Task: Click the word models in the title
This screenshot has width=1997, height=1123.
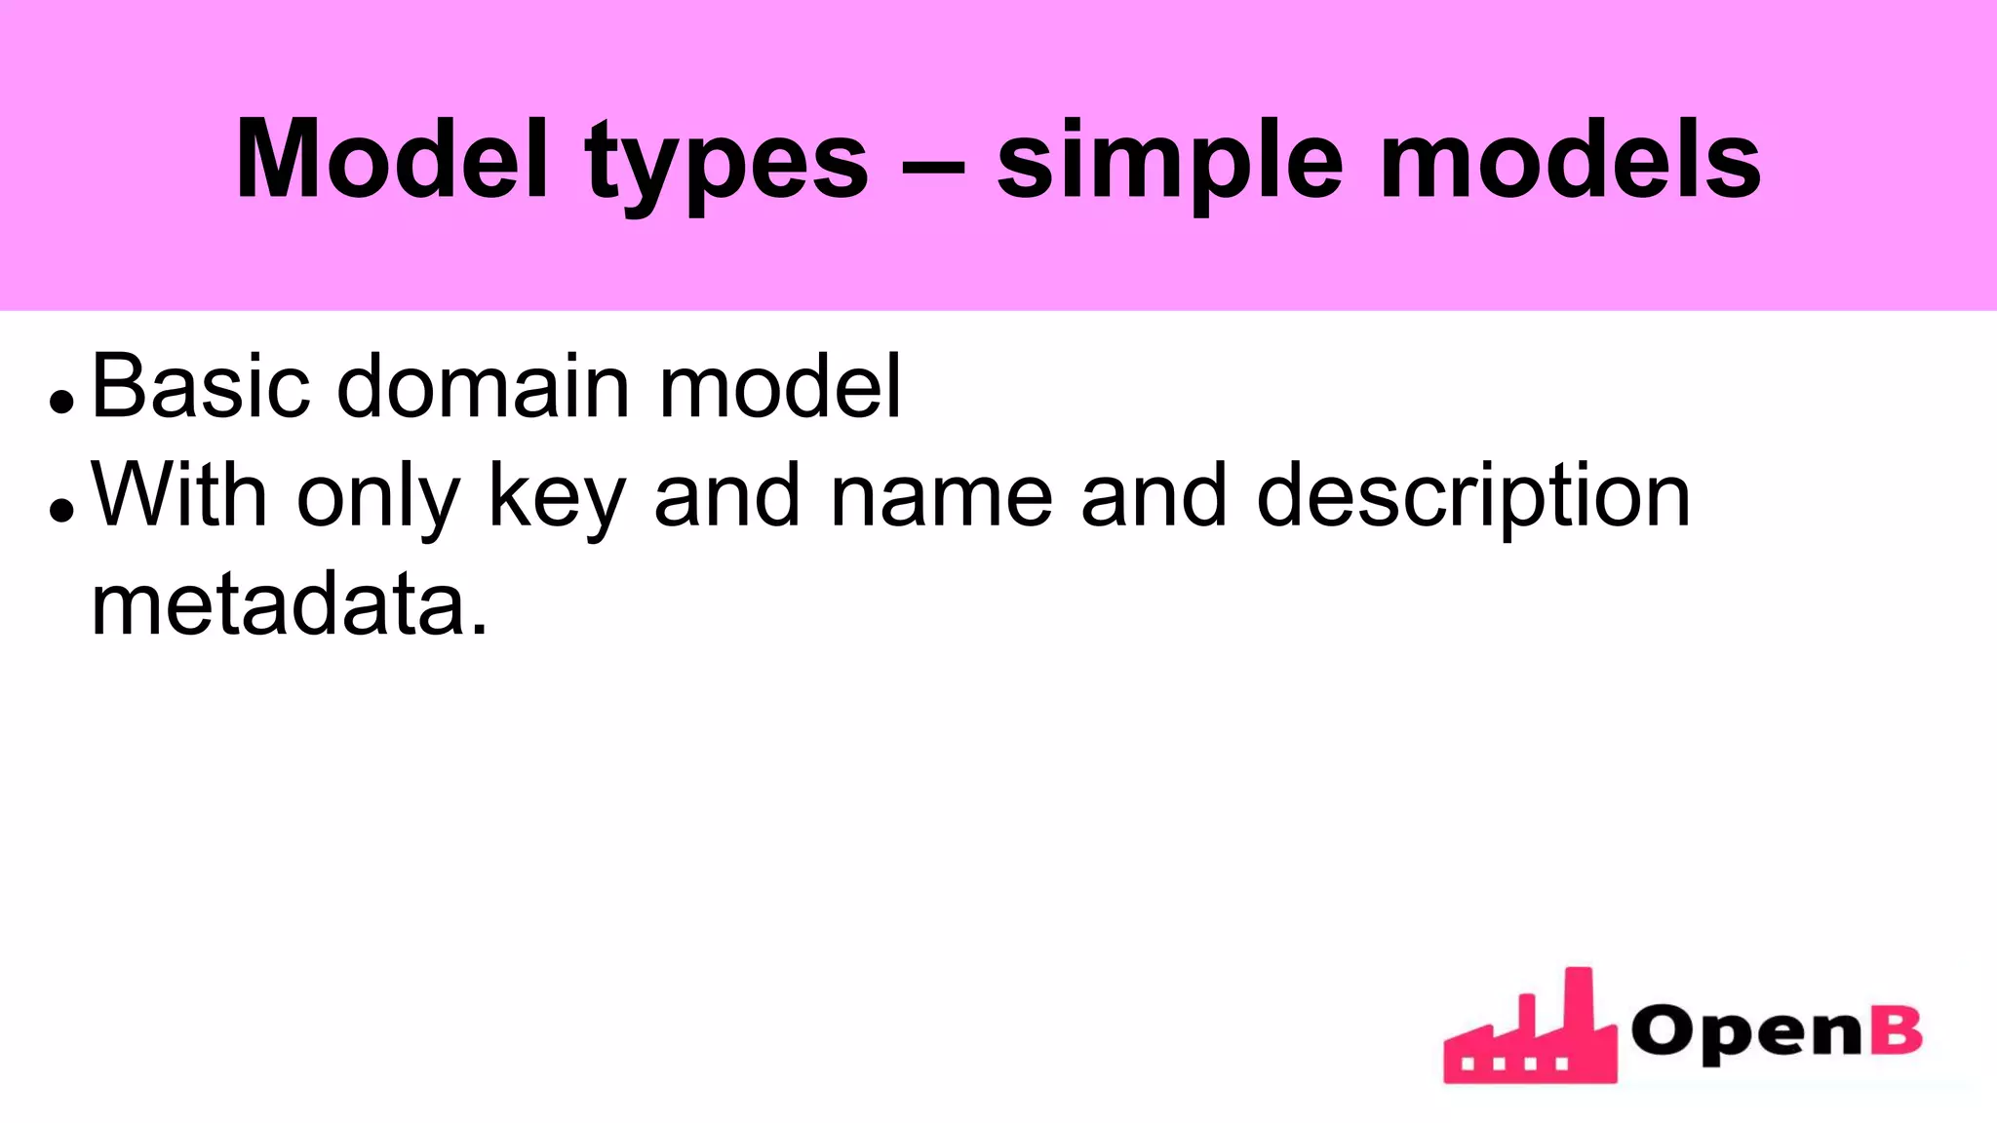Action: pos(1571,159)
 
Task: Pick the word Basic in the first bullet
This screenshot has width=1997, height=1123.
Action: pos(200,387)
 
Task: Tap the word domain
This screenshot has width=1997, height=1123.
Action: pos(484,387)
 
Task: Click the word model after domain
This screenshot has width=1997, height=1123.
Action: pos(780,387)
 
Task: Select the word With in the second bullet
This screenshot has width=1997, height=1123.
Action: pos(179,496)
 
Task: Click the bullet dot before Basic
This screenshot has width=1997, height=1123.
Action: pos(61,402)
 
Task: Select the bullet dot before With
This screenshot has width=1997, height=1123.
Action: pos(61,511)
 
